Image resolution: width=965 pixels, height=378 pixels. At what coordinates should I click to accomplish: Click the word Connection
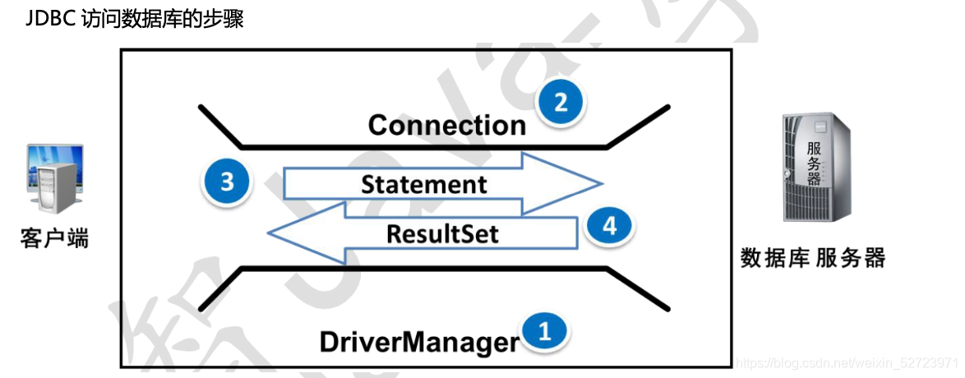(x=446, y=125)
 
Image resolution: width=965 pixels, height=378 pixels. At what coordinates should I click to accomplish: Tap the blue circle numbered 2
(x=561, y=104)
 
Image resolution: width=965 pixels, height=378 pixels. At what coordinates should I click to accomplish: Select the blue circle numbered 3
(x=227, y=181)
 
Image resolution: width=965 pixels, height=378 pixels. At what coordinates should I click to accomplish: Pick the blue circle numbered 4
(x=609, y=226)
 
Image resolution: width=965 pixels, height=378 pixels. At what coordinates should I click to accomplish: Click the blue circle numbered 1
(x=543, y=331)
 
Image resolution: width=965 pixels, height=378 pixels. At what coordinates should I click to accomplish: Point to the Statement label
(x=423, y=184)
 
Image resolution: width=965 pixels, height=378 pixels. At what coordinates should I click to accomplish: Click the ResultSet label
(x=442, y=233)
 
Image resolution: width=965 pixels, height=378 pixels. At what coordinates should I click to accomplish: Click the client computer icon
(x=54, y=178)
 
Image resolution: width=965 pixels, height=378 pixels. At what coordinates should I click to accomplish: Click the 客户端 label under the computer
(x=54, y=239)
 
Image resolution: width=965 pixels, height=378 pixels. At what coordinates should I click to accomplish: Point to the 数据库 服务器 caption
(x=812, y=258)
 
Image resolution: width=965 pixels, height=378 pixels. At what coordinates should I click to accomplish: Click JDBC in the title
(x=51, y=20)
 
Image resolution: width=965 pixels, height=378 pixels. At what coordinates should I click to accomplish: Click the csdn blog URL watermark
(x=847, y=362)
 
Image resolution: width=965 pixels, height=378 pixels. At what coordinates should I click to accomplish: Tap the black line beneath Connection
(x=423, y=147)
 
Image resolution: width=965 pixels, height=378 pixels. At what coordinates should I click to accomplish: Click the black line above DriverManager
(x=423, y=268)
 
